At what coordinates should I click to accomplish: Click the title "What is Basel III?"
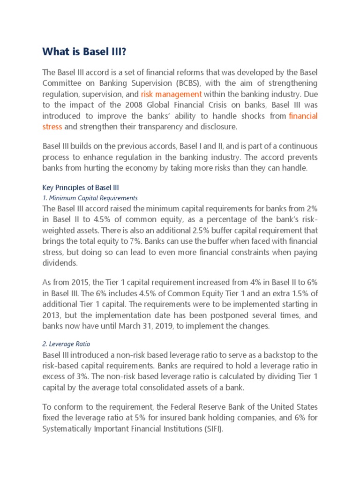(84, 52)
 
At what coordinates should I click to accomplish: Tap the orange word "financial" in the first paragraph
(303, 116)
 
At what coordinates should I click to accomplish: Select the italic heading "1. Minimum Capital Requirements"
(90, 198)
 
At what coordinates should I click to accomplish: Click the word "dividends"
(60, 263)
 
